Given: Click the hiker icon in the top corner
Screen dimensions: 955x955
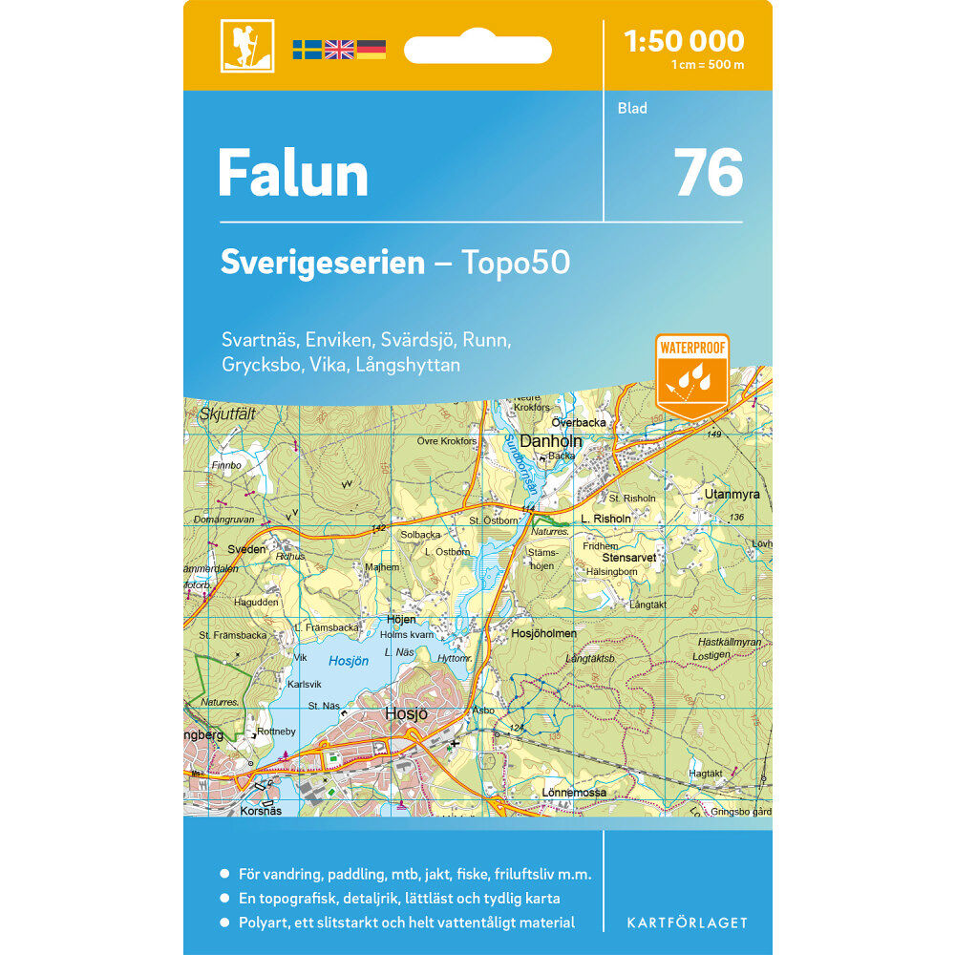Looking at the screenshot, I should click(x=246, y=45).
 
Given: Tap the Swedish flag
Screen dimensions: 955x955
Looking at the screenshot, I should click(x=307, y=50).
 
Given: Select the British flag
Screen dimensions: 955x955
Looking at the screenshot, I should click(x=339, y=50).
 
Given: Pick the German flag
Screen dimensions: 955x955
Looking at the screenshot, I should click(x=371, y=50).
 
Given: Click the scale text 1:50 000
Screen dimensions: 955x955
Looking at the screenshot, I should click(x=683, y=41).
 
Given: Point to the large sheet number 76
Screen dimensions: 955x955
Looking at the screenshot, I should click(x=709, y=173).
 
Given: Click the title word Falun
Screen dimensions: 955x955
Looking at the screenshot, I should click(x=292, y=174).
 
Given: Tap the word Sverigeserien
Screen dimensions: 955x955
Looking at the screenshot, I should click(x=322, y=263).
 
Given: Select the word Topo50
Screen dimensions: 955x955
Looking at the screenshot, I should click(x=516, y=263).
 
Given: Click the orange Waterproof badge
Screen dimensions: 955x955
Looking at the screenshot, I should click(x=692, y=375).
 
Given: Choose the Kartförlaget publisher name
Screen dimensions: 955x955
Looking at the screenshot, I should click(x=687, y=923).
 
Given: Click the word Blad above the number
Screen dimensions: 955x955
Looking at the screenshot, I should click(x=632, y=109).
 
